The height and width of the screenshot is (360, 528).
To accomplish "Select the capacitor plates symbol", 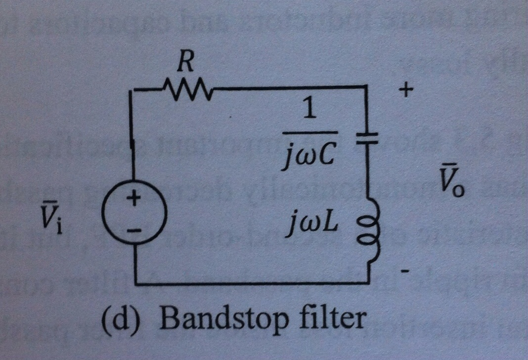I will (x=368, y=137).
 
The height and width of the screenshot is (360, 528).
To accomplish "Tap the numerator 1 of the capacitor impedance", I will (x=309, y=111).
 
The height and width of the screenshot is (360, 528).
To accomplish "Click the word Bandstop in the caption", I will (x=223, y=320).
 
